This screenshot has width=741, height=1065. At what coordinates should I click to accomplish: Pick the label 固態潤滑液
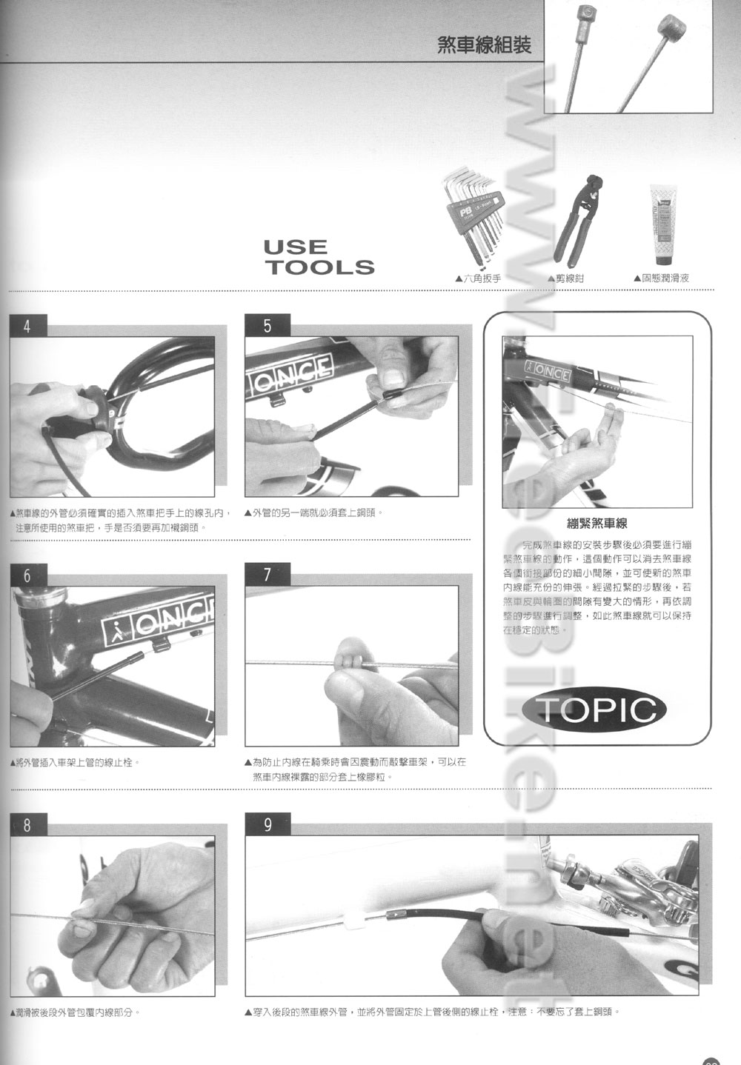coord(662,278)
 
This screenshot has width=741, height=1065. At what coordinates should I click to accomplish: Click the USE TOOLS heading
coord(319,257)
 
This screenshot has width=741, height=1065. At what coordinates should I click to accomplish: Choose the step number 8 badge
coord(27,825)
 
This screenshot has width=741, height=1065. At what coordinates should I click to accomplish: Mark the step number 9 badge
coord(268,825)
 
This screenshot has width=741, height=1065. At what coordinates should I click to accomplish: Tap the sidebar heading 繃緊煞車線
coord(597,524)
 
